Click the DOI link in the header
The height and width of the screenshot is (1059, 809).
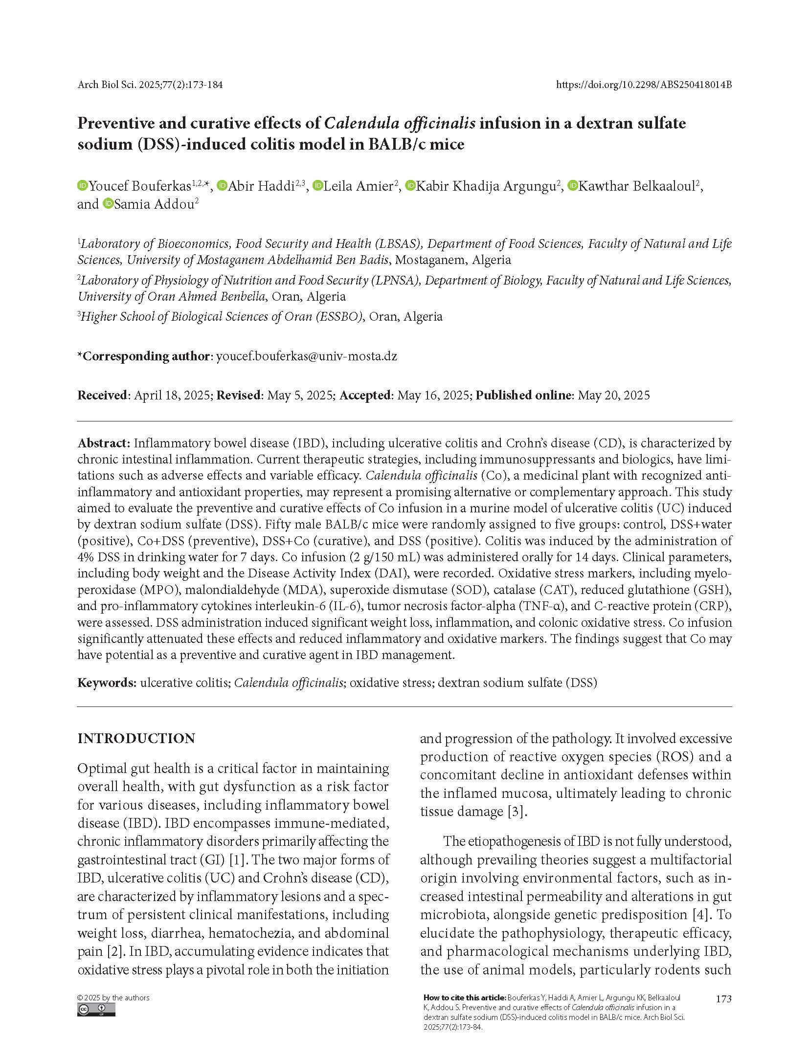pos(644,85)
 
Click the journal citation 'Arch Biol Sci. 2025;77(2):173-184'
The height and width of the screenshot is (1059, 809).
pos(150,85)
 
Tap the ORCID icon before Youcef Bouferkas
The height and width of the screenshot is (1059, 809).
pos(83,186)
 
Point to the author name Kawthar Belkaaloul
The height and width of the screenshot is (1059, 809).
pos(637,186)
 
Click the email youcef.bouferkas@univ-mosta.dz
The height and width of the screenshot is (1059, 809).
pos(306,356)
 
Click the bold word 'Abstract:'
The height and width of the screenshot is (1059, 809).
pos(104,443)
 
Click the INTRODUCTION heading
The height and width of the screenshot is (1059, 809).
pos(136,738)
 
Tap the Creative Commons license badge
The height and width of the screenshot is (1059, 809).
pos(96,1010)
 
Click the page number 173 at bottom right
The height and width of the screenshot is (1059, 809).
pos(723,999)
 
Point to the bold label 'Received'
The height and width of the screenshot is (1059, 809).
pos(102,395)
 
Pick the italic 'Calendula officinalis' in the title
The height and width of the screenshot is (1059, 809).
pos(400,123)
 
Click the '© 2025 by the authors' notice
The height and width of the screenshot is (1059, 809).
pos(113,997)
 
